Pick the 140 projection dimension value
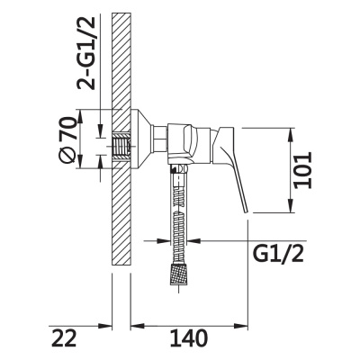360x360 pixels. (x=190, y=338)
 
